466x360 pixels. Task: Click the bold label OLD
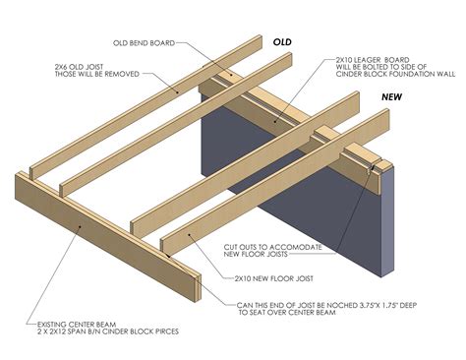(x=283, y=43)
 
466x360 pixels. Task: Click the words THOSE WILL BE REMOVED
(x=96, y=73)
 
